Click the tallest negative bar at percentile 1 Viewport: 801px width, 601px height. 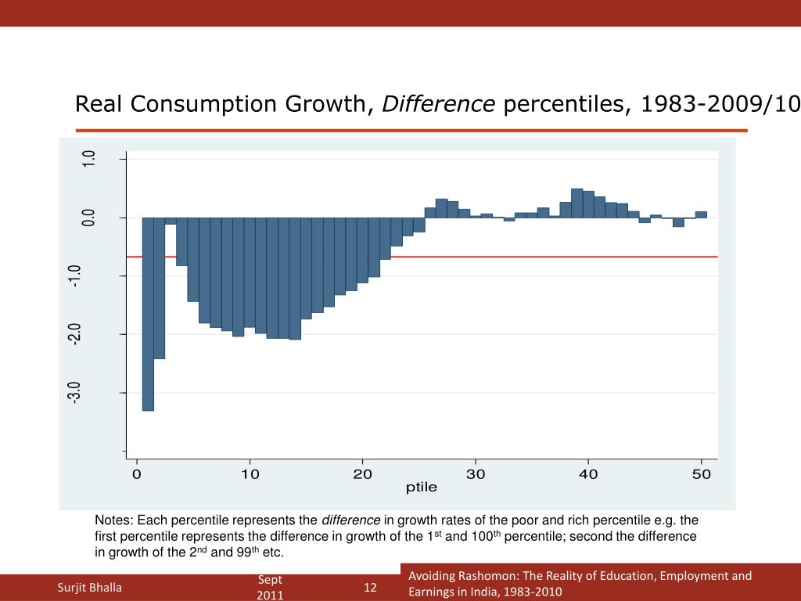148,313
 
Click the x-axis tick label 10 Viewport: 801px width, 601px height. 250,474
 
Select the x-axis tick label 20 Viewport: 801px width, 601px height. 362,474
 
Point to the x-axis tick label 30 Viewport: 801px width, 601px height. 476,474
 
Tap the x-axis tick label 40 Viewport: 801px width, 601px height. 588,474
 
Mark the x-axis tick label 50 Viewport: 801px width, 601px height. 702,474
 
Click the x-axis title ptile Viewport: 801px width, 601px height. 421,488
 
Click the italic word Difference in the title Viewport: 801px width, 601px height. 438,104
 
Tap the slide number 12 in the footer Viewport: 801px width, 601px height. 370,588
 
